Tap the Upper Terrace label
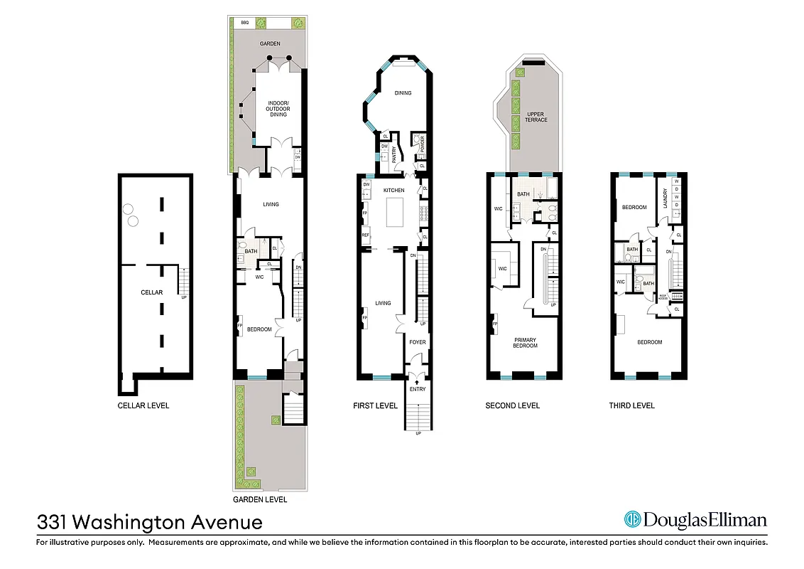[x=536, y=117]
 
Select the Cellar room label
[x=152, y=292]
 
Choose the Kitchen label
[x=393, y=191]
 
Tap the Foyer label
[x=418, y=342]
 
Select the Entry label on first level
[x=418, y=389]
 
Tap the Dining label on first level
[x=403, y=92]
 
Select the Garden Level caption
[x=259, y=500]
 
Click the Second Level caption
[x=512, y=405]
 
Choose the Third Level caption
[x=631, y=405]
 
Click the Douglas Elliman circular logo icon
[x=632, y=520]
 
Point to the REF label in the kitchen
[x=365, y=235]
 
